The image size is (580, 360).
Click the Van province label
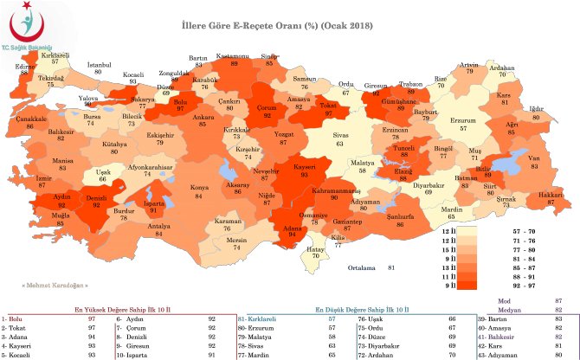tap(534, 161)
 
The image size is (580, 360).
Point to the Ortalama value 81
tap(377, 267)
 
